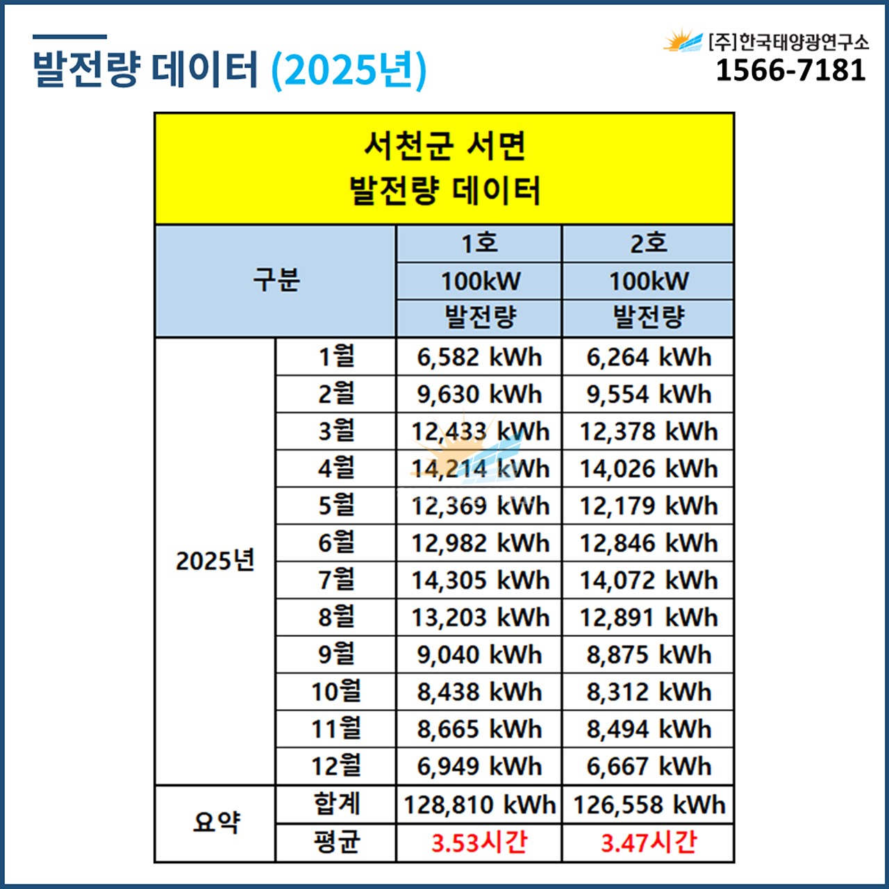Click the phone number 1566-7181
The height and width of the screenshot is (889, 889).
tap(790, 70)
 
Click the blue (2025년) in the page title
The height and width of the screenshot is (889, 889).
tap(348, 69)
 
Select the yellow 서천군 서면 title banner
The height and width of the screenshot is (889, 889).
tap(444, 169)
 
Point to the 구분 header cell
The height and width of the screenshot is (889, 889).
tap(276, 281)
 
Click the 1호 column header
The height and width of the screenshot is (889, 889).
tap(479, 244)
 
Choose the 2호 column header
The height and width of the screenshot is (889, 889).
tap(648, 244)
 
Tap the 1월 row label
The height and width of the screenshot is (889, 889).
tap(336, 357)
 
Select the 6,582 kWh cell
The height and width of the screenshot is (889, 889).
tap(479, 357)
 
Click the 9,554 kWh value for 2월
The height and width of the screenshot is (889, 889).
tap(648, 394)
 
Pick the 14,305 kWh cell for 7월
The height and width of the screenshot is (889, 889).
tap(479, 580)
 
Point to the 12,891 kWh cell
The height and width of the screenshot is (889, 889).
tap(648, 617)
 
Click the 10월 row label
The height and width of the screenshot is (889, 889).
tap(336, 692)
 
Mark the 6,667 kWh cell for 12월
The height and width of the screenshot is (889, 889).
tap(648, 766)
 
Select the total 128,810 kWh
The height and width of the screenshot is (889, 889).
tap(479, 804)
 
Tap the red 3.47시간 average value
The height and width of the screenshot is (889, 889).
tap(648, 842)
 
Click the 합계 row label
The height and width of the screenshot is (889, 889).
tap(336, 804)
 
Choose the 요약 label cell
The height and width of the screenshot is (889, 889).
tap(215, 823)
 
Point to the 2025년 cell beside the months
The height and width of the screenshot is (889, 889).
tap(215, 560)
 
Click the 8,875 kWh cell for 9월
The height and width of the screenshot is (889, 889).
tap(648, 654)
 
